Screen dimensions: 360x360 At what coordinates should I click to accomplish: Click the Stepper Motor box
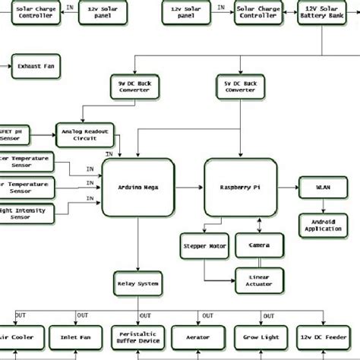(203, 245)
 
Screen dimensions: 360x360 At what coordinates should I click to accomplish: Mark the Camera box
(260, 245)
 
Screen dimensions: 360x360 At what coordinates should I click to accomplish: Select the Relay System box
(137, 283)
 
